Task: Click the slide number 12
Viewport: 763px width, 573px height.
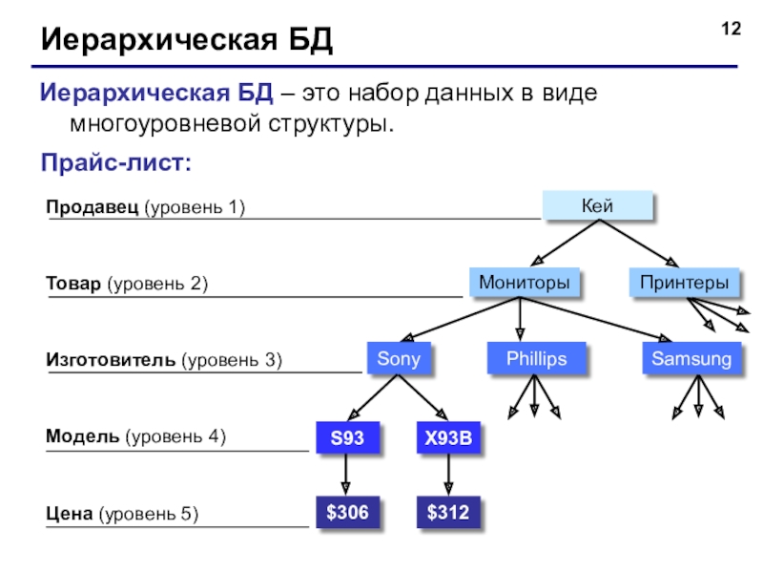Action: pos(731,29)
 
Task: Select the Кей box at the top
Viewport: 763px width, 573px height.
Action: pos(598,205)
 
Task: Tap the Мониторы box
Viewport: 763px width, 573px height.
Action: pos(524,282)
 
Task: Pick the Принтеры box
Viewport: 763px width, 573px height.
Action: pos(684,282)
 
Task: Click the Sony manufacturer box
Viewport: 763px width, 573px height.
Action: pos(399,359)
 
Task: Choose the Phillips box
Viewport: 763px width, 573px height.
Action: pos(536,359)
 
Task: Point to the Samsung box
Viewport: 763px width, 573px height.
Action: pos(691,359)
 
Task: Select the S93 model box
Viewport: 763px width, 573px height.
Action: pos(347,437)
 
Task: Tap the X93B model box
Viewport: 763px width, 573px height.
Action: pos(448,437)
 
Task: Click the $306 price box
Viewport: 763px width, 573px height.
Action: pos(347,512)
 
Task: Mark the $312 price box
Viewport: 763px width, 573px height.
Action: pos(448,512)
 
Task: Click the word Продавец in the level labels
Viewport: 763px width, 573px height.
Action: pos(93,207)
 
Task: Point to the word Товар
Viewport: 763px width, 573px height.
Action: pos(73,283)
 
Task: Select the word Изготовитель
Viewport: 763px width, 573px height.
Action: pos(111,360)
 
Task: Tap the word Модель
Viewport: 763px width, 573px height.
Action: pos(82,435)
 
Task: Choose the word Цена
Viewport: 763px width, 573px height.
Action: pos(69,513)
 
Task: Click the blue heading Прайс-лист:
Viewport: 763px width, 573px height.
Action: pos(115,162)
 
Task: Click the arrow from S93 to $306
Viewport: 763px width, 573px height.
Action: pos(346,474)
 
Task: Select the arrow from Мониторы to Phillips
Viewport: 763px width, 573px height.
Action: pos(520,319)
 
